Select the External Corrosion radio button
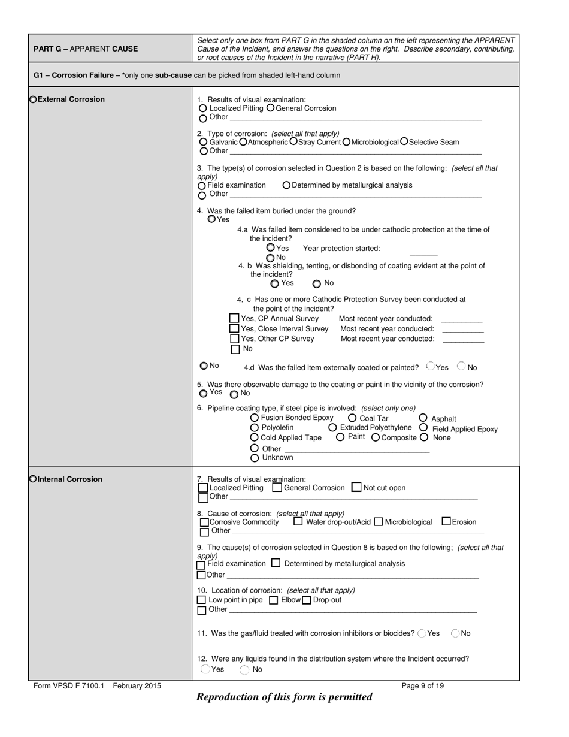coord(33,99)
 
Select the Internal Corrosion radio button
coord(33,479)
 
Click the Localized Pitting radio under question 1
coord(202,108)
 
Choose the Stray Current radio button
coord(293,142)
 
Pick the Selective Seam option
coord(404,142)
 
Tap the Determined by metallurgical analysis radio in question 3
coord(286,185)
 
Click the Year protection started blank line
coord(423,254)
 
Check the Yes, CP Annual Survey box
coord(235,318)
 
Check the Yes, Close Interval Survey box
coord(235,328)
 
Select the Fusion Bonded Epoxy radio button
coord(255,418)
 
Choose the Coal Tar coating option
coord(352,418)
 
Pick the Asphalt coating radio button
coord(423,418)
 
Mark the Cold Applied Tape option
coord(255,437)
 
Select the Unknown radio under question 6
coord(255,458)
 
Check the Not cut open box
coord(356,487)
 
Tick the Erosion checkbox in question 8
coord(446,521)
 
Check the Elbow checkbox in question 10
coord(274,600)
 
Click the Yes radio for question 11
coord(422,633)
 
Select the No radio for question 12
coord(244,670)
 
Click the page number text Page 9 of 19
coord(423,686)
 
